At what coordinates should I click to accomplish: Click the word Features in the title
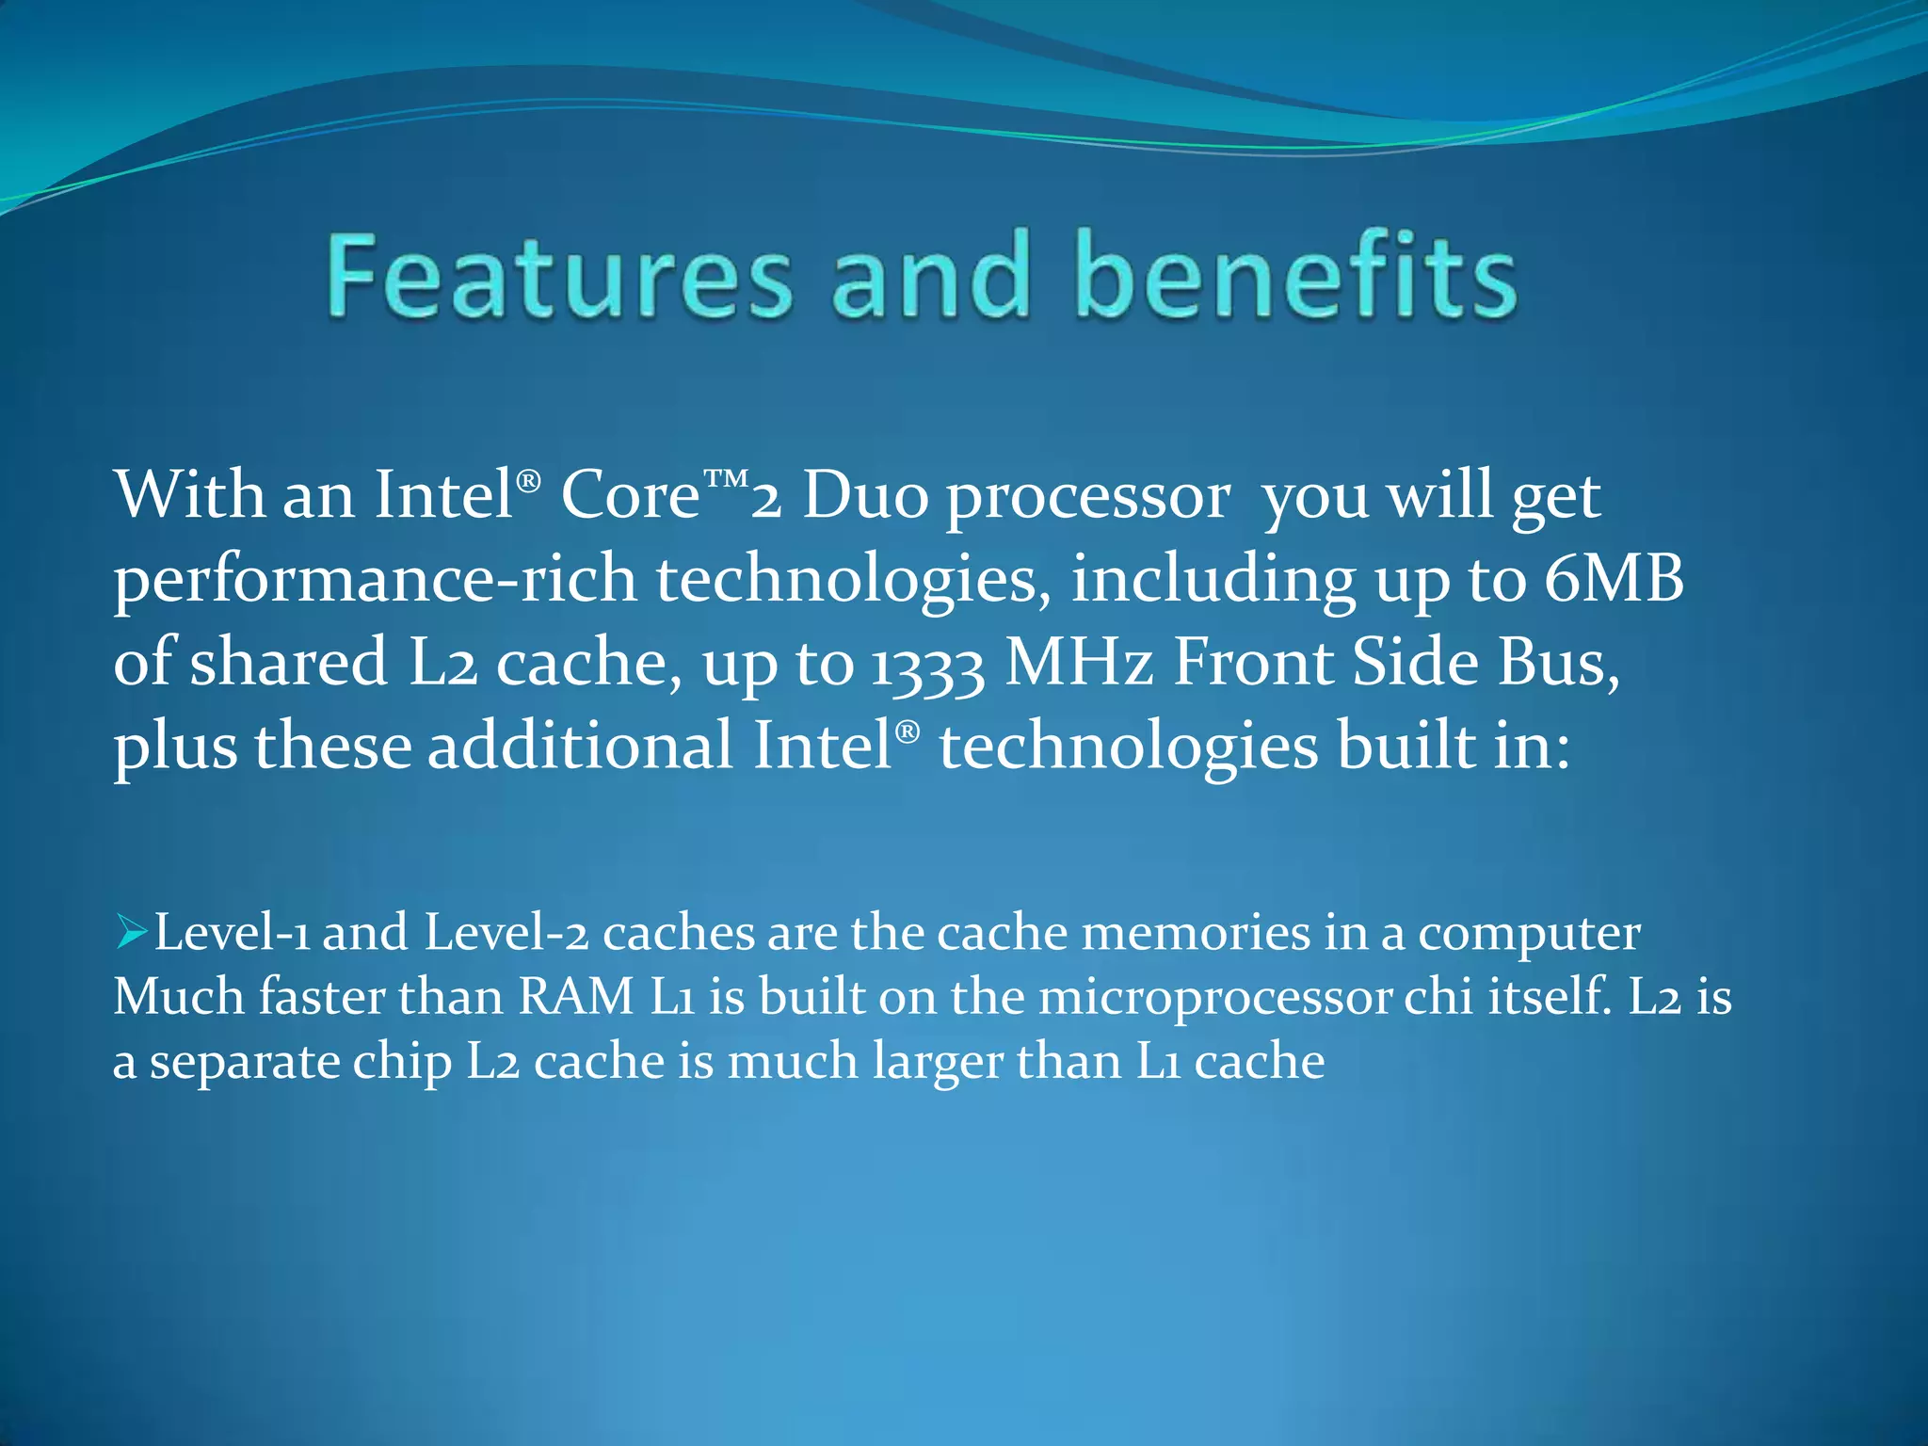coord(559,278)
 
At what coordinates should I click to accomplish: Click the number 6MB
coord(1614,579)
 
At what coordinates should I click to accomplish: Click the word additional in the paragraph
coord(580,746)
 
